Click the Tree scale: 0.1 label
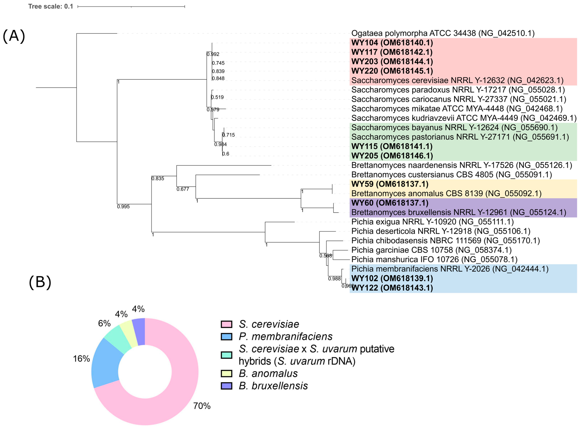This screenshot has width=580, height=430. [x=51, y=7]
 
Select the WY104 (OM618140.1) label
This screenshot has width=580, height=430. [x=392, y=43]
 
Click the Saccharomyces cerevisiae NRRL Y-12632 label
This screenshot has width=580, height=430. [x=457, y=80]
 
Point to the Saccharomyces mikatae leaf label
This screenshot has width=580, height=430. [x=457, y=108]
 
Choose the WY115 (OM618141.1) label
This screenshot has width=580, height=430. [x=392, y=146]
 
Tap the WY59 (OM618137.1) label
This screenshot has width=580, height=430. [x=390, y=184]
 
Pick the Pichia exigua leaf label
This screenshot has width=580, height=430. [x=432, y=222]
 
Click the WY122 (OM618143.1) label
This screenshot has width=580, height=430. [x=392, y=288]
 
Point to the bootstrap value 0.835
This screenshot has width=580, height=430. [x=158, y=179]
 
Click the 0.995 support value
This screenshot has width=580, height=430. [x=123, y=207]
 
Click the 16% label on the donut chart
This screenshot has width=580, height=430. [x=81, y=359]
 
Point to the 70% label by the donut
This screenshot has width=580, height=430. [x=202, y=406]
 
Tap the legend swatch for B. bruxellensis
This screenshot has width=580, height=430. [x=226, y=386]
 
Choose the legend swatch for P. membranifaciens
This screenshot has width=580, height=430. [x=226, y=337]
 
